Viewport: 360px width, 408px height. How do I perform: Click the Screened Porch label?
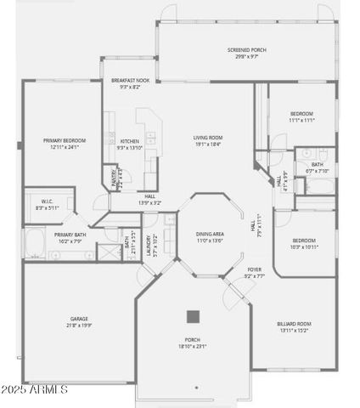tap(246, 50)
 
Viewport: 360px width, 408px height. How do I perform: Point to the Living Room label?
tap(207, 137)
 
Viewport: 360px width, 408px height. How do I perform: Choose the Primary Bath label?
tap(70, 235)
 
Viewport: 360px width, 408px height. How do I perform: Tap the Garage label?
tap(79, 319)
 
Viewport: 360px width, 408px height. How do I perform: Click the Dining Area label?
tap(210, 234)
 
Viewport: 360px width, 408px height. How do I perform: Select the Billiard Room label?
tap(294, 324)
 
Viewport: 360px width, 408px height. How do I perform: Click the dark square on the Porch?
tap(193, 316)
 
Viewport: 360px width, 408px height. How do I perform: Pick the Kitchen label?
tap(129, 141)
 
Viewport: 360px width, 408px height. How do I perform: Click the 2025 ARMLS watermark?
tap(34, 389)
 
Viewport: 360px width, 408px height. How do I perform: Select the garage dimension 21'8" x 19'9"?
tap(79, 325)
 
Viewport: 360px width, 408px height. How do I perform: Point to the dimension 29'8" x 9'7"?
tap(246, 57)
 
